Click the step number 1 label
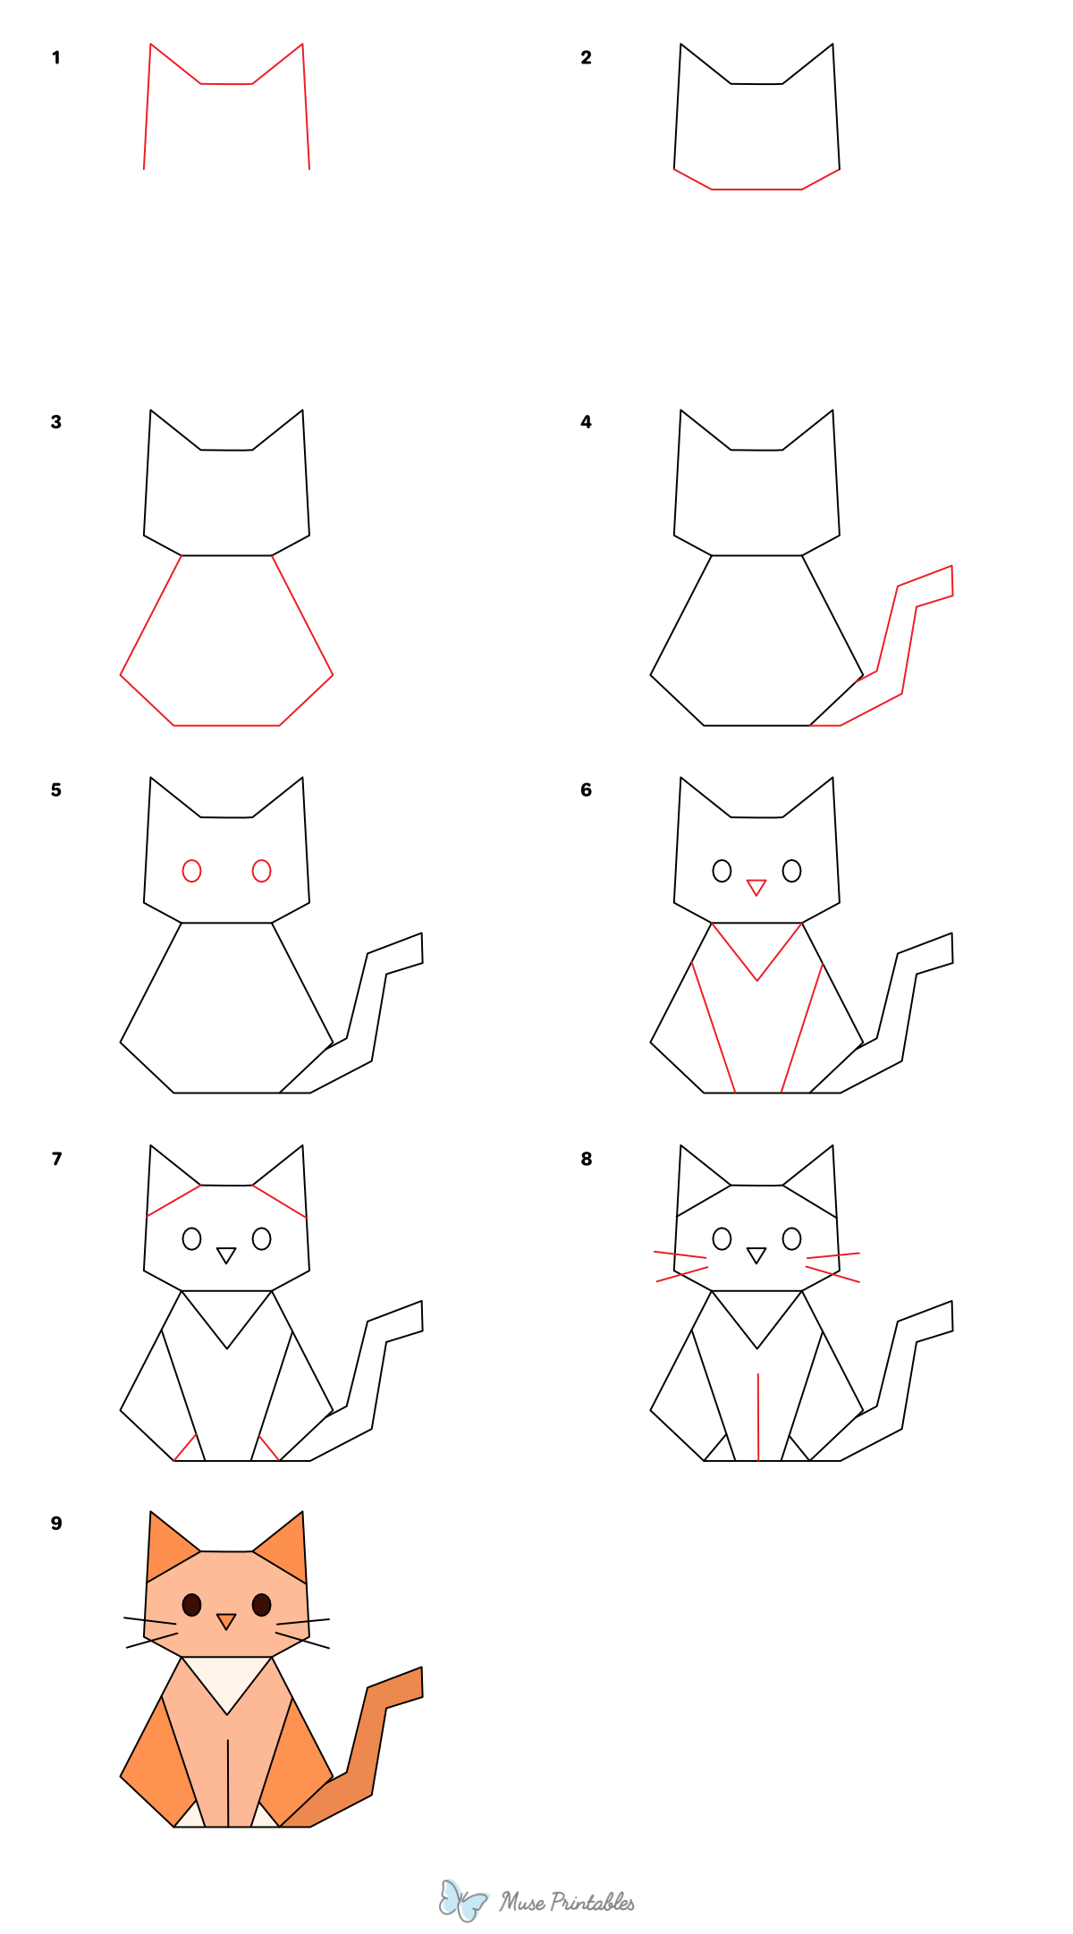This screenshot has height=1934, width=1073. [x=56, y=58]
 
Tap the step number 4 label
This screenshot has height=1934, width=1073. [x=586, y=422]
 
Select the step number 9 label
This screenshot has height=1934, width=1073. [x=56, y=1524]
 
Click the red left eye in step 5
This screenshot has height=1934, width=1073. [x=191, y=871]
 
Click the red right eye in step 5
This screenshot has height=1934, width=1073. [x=261, y=871]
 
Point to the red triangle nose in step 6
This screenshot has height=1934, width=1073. [x=756, y=887]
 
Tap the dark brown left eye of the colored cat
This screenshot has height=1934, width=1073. [x=191, y=1605]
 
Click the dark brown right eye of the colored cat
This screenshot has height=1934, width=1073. [x=261, y=1605]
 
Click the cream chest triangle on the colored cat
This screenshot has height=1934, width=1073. [x=227, y=1676]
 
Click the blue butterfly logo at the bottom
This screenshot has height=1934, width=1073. [x=462, y=1900]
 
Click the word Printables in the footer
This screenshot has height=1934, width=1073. [x=592, y=1902]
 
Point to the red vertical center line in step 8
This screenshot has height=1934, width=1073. [x=758, y=1417]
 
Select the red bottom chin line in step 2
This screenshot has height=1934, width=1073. [x=756, y=190]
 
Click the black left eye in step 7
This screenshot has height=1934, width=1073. [x=191, y=1238]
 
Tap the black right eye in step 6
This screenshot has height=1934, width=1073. [x=791, y=871]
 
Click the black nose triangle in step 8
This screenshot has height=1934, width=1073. [x=756, y=1254]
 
